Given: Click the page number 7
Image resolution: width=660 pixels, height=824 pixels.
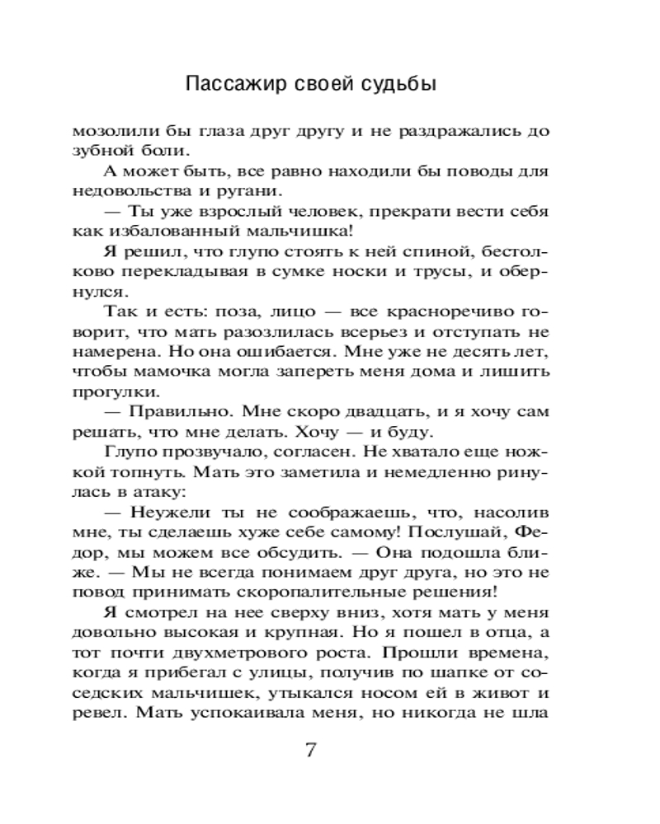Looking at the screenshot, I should coord(311,751).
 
